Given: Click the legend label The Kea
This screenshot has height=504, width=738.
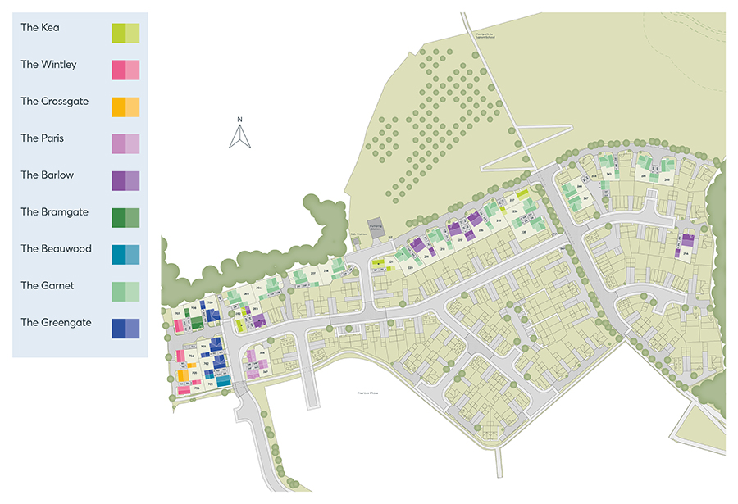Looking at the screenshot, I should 40,28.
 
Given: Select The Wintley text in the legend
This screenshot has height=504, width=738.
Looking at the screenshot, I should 48,65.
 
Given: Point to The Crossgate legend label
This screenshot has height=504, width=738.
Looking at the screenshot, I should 54,102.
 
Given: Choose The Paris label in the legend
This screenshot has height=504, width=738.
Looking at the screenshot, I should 42,138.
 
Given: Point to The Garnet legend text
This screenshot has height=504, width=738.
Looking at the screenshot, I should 47,286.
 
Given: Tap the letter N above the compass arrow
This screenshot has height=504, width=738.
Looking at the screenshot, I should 239,120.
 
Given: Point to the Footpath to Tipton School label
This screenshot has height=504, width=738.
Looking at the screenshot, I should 485,34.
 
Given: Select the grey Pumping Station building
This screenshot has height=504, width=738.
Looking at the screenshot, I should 376,230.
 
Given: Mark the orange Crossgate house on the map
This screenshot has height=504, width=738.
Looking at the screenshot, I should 184,375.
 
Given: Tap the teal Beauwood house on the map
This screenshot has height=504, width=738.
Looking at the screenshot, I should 224,381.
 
